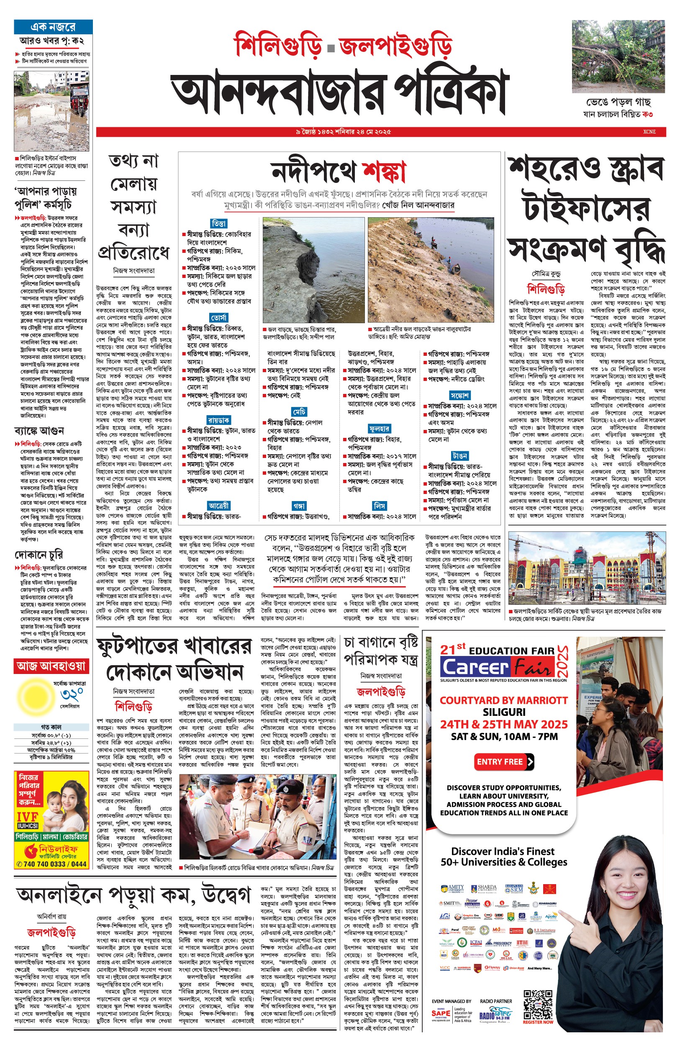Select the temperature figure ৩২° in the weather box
coord(72,695)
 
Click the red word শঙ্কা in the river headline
coord(384,171)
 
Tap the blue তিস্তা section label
coord(218,224)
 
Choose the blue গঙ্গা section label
coord(299,506)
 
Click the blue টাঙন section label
coord(459,455)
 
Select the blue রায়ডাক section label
coord(218,420)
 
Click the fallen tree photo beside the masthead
coord(618,56)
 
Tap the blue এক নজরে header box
coord(53,26)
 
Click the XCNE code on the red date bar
coord(649,131)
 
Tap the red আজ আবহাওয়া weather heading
coord(51,666)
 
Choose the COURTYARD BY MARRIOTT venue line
coord(503,700)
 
